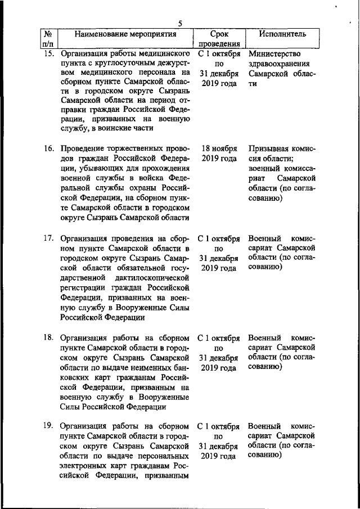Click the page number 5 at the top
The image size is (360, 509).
coord(179,24)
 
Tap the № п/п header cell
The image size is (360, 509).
coord(49,39)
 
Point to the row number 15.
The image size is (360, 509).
coord(49,54)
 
